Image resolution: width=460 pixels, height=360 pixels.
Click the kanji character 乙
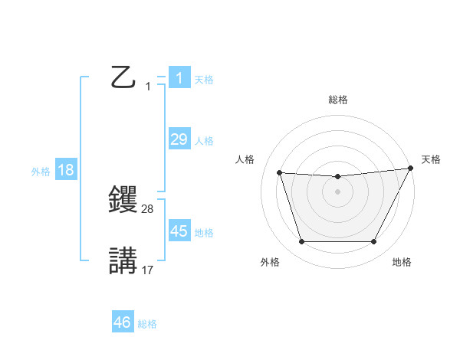tap(123, 77)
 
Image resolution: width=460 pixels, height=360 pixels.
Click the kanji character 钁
tap(123, 199)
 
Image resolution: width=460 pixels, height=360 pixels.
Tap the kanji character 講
tap(123, 260)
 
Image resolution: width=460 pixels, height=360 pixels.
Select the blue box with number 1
tap(179, 78)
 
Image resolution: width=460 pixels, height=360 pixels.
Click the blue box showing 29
tap(179, 139)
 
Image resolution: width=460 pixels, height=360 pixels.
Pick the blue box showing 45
tap(179, 231)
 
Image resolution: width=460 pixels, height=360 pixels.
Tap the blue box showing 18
tap(66, 170)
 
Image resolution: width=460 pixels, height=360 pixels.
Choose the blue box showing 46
tap(123, 322)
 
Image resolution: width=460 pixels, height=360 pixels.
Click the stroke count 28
tap(148, 208)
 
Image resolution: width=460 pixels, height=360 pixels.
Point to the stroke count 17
tap(148, 270)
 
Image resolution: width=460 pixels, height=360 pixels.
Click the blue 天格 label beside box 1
tap(204, 79)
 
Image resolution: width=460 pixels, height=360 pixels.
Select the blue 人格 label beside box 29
tap(204, 141)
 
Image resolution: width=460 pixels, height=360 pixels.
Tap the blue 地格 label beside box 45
tap(204, 233)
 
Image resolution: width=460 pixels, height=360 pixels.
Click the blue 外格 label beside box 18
tap(41, 172)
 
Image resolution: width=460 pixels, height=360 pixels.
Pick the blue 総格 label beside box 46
tap(147, 324)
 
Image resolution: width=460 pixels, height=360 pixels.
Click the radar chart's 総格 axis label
tap(337, 100)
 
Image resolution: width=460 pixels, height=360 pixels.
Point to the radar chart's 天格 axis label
tap(431, 159)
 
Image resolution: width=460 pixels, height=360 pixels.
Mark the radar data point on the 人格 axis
tap(280, 173)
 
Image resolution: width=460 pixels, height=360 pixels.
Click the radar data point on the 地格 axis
tap(373, 242)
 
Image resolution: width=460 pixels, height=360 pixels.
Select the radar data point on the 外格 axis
tap(301, 242)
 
